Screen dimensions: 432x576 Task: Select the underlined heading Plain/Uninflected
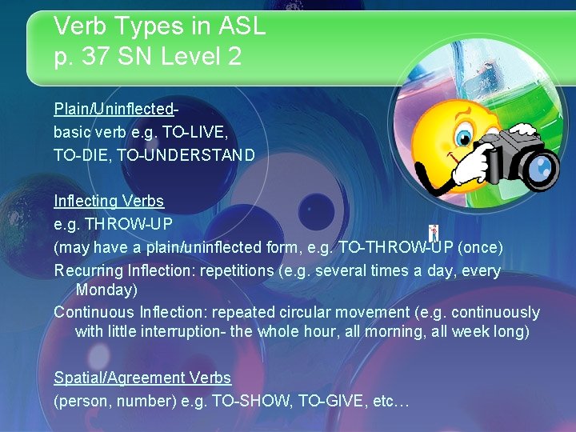114,108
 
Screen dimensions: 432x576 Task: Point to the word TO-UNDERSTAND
186,154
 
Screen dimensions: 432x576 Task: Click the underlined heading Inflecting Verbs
109,201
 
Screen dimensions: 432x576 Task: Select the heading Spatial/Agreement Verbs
142,378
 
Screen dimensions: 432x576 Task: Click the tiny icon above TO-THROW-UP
434,233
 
